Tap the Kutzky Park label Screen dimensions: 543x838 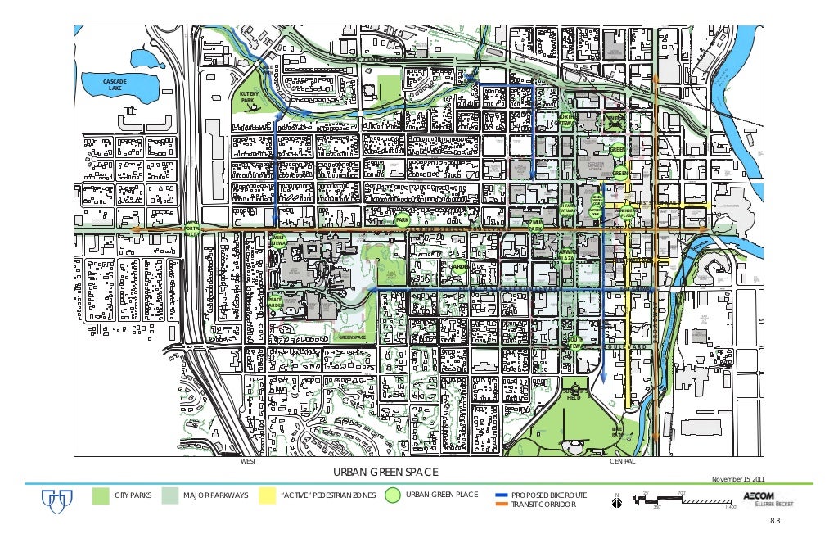coord(247,97)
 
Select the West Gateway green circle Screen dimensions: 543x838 coord(278,240)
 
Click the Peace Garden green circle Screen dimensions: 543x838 coord(276,303)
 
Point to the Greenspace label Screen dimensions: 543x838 coord(352,337)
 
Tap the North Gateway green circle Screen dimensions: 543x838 coord(565,121)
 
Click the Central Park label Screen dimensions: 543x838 coord(614,122)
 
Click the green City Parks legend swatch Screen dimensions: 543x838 coord(101,495)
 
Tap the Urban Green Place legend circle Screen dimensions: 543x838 coord(393,495)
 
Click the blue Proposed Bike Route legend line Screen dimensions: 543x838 coord(502,496)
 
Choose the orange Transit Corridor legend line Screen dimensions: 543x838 coord(502,505)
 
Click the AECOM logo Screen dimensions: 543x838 coord(761,496)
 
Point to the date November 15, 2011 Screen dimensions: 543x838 coord(739,479)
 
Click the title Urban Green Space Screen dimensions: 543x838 coord(385,473)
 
